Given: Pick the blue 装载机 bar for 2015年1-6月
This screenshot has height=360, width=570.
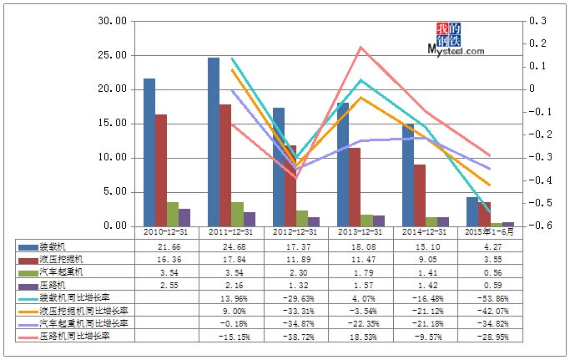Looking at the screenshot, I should pos(472,211).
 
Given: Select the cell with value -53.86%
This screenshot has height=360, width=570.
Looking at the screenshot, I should pos(489,297).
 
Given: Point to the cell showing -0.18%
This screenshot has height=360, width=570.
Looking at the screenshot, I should pos(231,322).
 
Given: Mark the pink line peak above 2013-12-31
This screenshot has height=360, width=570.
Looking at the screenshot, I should pos(361,47).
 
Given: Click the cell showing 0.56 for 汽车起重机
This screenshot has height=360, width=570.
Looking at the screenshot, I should pos(489,272).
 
